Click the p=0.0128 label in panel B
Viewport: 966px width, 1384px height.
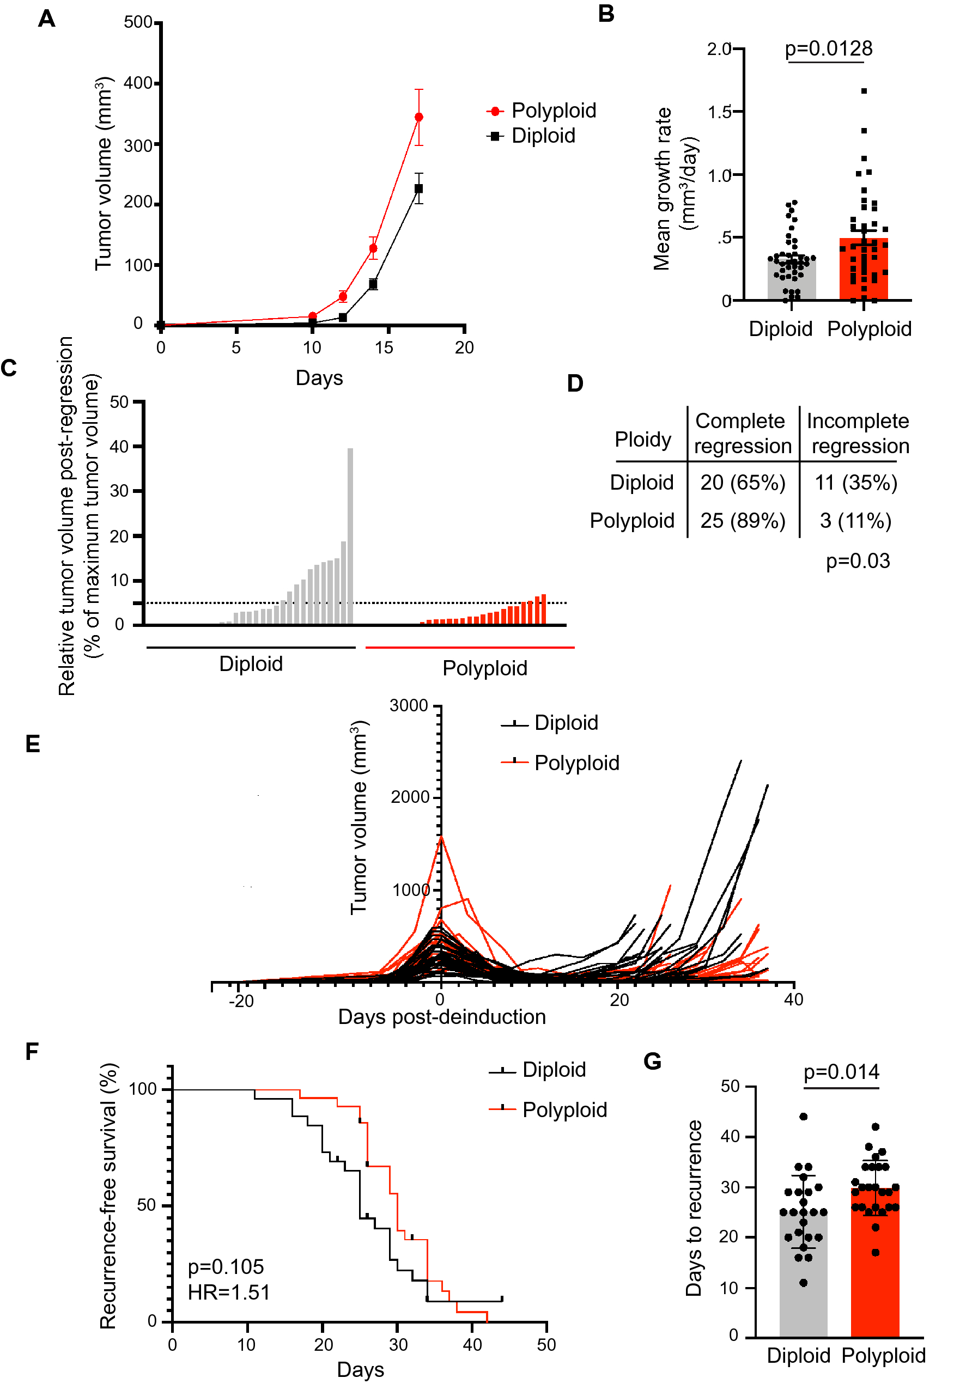(x=828, y=48)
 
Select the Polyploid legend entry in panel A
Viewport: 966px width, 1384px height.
(x=541, y=111)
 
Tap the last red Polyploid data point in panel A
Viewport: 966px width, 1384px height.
(x=418, y=117)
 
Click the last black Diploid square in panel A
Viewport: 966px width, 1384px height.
(x=418, y=188)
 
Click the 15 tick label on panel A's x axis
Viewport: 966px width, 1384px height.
(x=384, y=347)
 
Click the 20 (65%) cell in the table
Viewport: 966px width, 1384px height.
(x=742, y=482)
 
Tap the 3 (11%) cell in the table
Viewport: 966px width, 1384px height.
(x=855, y=520)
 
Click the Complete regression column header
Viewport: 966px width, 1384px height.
(x=741, y=433)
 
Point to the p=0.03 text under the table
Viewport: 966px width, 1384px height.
(x=857, y=560)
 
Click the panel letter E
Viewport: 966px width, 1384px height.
(x=33, y=744)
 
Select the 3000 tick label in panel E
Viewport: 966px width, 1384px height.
(x=408, y=705)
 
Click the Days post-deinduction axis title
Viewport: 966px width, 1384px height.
(x=441, y=1016)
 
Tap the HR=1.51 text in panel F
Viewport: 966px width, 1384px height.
(x=228, y=1292)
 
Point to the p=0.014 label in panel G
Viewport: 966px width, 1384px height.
(x=841, y=1072)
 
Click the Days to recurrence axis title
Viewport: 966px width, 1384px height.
(x=694, y=1208)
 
